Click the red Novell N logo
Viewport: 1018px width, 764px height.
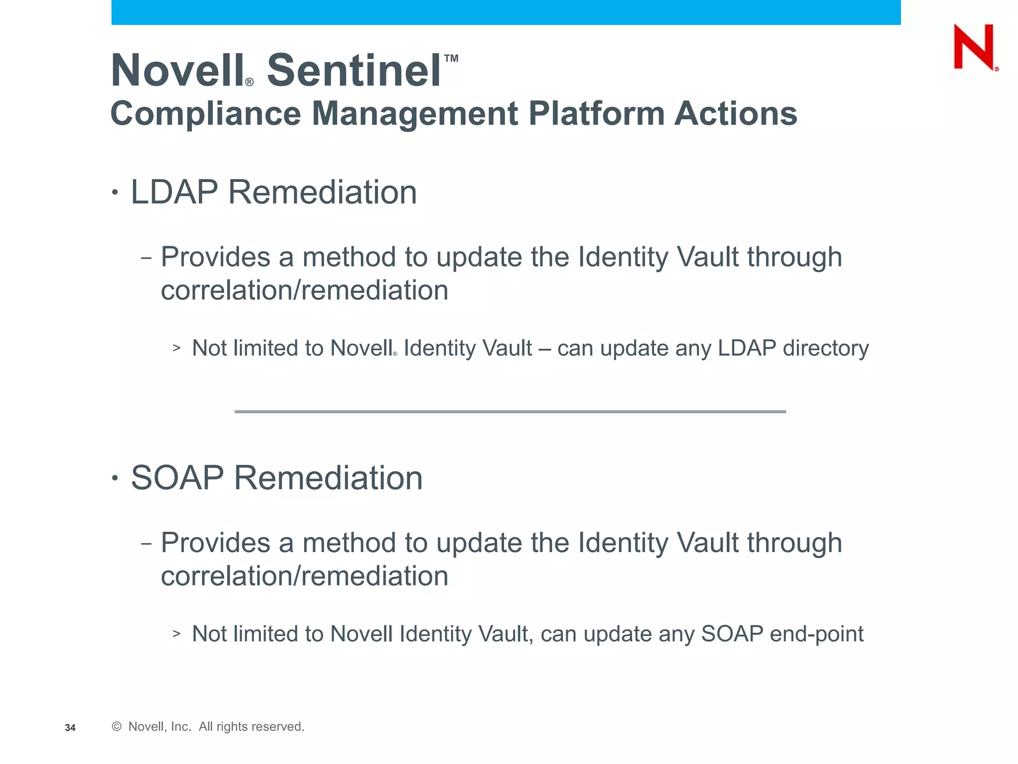pos(974,47)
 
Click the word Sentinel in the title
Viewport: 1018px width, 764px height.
pos(354,71)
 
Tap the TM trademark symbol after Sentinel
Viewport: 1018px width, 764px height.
pos(451,59)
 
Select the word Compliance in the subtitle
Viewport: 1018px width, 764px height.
pos(205,114)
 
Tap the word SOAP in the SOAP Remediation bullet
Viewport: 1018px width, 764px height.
pos(177,478)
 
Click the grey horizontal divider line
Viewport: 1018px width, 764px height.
pos(510,412)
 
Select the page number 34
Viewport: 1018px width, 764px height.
pos(70,728)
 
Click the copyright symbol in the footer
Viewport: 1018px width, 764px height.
pos(117,727)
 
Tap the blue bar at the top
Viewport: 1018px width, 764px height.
pos(506,12)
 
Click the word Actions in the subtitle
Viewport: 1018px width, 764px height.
pos(736,114)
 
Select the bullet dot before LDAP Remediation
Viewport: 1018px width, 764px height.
pos(115,192)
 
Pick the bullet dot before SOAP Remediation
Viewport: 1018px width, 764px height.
pos(115,478)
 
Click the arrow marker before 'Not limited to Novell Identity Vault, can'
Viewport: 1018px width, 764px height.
pos(176,634)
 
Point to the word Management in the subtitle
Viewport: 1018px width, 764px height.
pos(415,114)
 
